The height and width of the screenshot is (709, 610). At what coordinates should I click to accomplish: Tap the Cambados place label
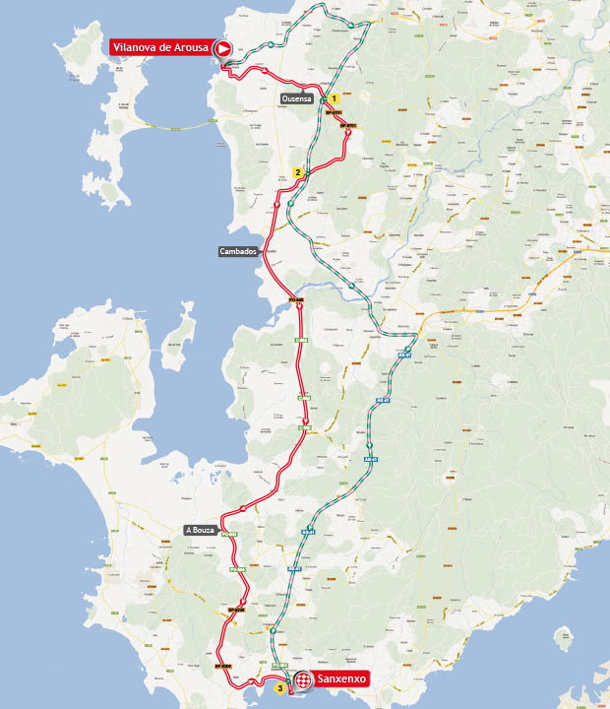pyautogui.click(x=238, y=251)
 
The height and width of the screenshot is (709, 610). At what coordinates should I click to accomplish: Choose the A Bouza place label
pyautogui.click(x=200, y=530)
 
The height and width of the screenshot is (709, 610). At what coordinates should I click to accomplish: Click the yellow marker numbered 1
pyautogui.click(x=335, y=98)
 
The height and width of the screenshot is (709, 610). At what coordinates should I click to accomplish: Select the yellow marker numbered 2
pyautogui.click(x=297, y=173)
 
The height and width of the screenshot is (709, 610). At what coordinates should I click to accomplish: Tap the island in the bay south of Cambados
pyautogui.click(x=179, y=331)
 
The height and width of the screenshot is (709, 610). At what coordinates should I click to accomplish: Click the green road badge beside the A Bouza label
pyautogui.click(x=229, y=534)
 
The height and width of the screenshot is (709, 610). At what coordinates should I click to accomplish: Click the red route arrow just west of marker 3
pyautogui.click(x=261, y=679)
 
